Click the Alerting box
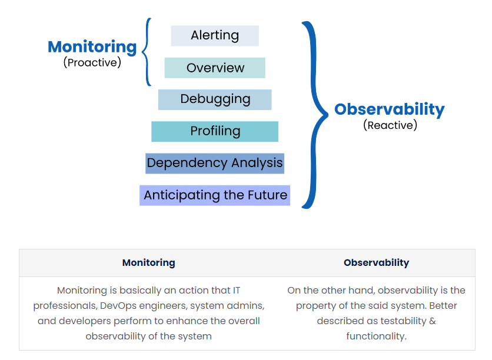(215, 36)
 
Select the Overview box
(215, 68)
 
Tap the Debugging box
(215, 100)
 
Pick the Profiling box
(215, 131)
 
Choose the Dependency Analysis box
(215, 164)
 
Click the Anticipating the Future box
(215, 195)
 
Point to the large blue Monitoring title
(92, 48)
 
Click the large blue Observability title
(390, 110)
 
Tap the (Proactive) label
(92, 62)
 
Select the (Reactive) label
(390, 125)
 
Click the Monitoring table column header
(149, 262)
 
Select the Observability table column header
(376, 262)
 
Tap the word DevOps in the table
(118, 306)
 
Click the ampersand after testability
(433, 321)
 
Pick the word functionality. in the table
(376, 336)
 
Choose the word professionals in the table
(65, 306)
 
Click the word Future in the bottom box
(267, 195)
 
